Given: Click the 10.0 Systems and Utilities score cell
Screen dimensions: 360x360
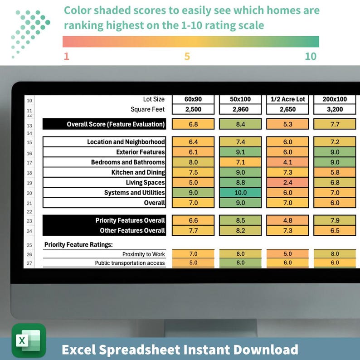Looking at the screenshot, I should pos(240,193).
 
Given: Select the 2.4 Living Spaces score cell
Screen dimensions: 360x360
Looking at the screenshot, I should pos(287,183).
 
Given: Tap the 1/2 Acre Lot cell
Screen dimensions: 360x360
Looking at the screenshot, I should pos(287,99).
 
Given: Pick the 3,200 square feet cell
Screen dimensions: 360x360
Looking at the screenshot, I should pos(335,109).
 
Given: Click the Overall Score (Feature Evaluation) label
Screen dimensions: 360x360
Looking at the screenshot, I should pos(116,124).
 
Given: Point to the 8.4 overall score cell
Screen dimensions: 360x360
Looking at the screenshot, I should pos(240,124).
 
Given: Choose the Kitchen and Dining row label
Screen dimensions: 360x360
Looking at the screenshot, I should pos(138,172).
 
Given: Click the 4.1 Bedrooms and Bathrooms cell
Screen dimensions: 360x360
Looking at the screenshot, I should pos(287,162).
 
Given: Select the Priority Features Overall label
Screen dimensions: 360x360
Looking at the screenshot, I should pos(130,220).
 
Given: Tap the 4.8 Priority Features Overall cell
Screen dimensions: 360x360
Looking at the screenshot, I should pos(287,220).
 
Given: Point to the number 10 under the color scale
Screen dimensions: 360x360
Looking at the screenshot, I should pos(310,57).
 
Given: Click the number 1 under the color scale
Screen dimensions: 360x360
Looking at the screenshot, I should pos(66,57).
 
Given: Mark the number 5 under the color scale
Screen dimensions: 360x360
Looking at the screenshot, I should pos(187,57).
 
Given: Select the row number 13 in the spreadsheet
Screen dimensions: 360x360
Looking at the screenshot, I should pos(29,125).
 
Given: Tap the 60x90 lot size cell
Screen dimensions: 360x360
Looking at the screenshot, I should pos(194,99).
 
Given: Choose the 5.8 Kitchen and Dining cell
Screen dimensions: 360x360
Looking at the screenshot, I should pos(335,172).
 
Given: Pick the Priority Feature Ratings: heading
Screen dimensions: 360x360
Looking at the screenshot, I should pos(78,244).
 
